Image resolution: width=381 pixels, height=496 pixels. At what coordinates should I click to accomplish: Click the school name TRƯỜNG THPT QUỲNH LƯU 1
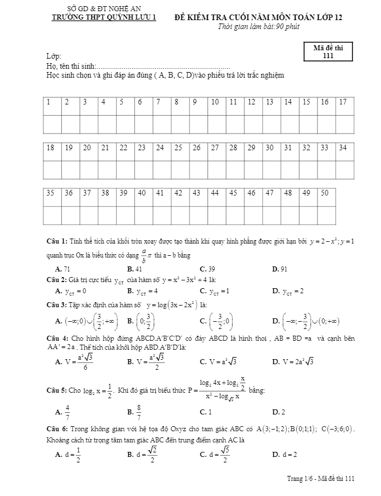click(104, 17)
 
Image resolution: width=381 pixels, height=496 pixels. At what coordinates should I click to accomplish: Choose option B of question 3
click(140, 321)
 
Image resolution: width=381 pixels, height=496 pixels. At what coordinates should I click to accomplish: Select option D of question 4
click(293, 362)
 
